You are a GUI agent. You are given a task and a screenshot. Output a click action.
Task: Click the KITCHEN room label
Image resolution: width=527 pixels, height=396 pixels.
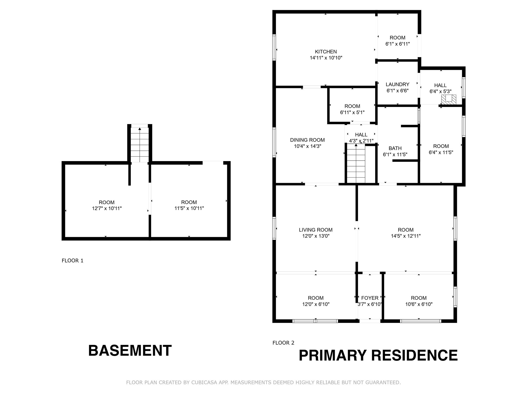tap(326, 52)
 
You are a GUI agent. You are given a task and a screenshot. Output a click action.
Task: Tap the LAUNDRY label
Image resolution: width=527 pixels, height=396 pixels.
tap(397, 84)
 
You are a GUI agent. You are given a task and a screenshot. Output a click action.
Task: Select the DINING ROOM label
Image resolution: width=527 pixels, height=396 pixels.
tap(307, 140)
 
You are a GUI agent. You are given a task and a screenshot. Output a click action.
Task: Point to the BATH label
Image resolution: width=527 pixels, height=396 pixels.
tap(395, 148)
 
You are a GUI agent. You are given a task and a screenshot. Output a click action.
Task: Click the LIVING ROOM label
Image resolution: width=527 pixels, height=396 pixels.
tap(315, 230)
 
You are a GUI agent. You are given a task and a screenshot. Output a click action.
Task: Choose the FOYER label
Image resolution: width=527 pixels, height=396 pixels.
tap(370, 298)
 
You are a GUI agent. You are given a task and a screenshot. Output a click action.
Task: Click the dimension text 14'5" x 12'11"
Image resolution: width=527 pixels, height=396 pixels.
tap(406, 236)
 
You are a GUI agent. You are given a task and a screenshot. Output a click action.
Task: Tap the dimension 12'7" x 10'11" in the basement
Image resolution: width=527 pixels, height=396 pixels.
tap(107, 208)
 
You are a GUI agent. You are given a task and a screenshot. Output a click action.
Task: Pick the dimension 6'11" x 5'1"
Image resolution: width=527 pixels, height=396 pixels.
tap(352, 112)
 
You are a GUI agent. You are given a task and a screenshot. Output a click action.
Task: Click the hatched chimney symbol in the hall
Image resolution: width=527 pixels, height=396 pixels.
tap(449, 100)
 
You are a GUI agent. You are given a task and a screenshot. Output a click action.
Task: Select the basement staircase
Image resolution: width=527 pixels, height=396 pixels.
tap(140, 145)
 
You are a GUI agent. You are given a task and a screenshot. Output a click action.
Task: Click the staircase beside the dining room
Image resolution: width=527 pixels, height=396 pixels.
tap(356, 163)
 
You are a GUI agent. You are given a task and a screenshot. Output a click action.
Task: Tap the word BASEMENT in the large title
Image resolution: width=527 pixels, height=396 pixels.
tap(130, 351)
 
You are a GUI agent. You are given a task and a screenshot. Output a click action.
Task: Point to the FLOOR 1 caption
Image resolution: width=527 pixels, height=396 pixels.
tap(73, 261)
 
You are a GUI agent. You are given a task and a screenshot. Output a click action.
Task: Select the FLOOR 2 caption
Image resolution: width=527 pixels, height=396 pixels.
tap(283, 343)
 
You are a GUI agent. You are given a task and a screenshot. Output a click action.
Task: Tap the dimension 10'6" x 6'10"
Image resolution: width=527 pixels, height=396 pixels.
tap(419, 304)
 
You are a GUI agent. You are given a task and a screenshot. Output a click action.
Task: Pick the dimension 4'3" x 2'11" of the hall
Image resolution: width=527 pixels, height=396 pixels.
tap(361, 141)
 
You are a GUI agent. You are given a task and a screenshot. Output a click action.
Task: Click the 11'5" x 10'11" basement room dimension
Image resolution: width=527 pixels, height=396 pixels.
tap(189, 208)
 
